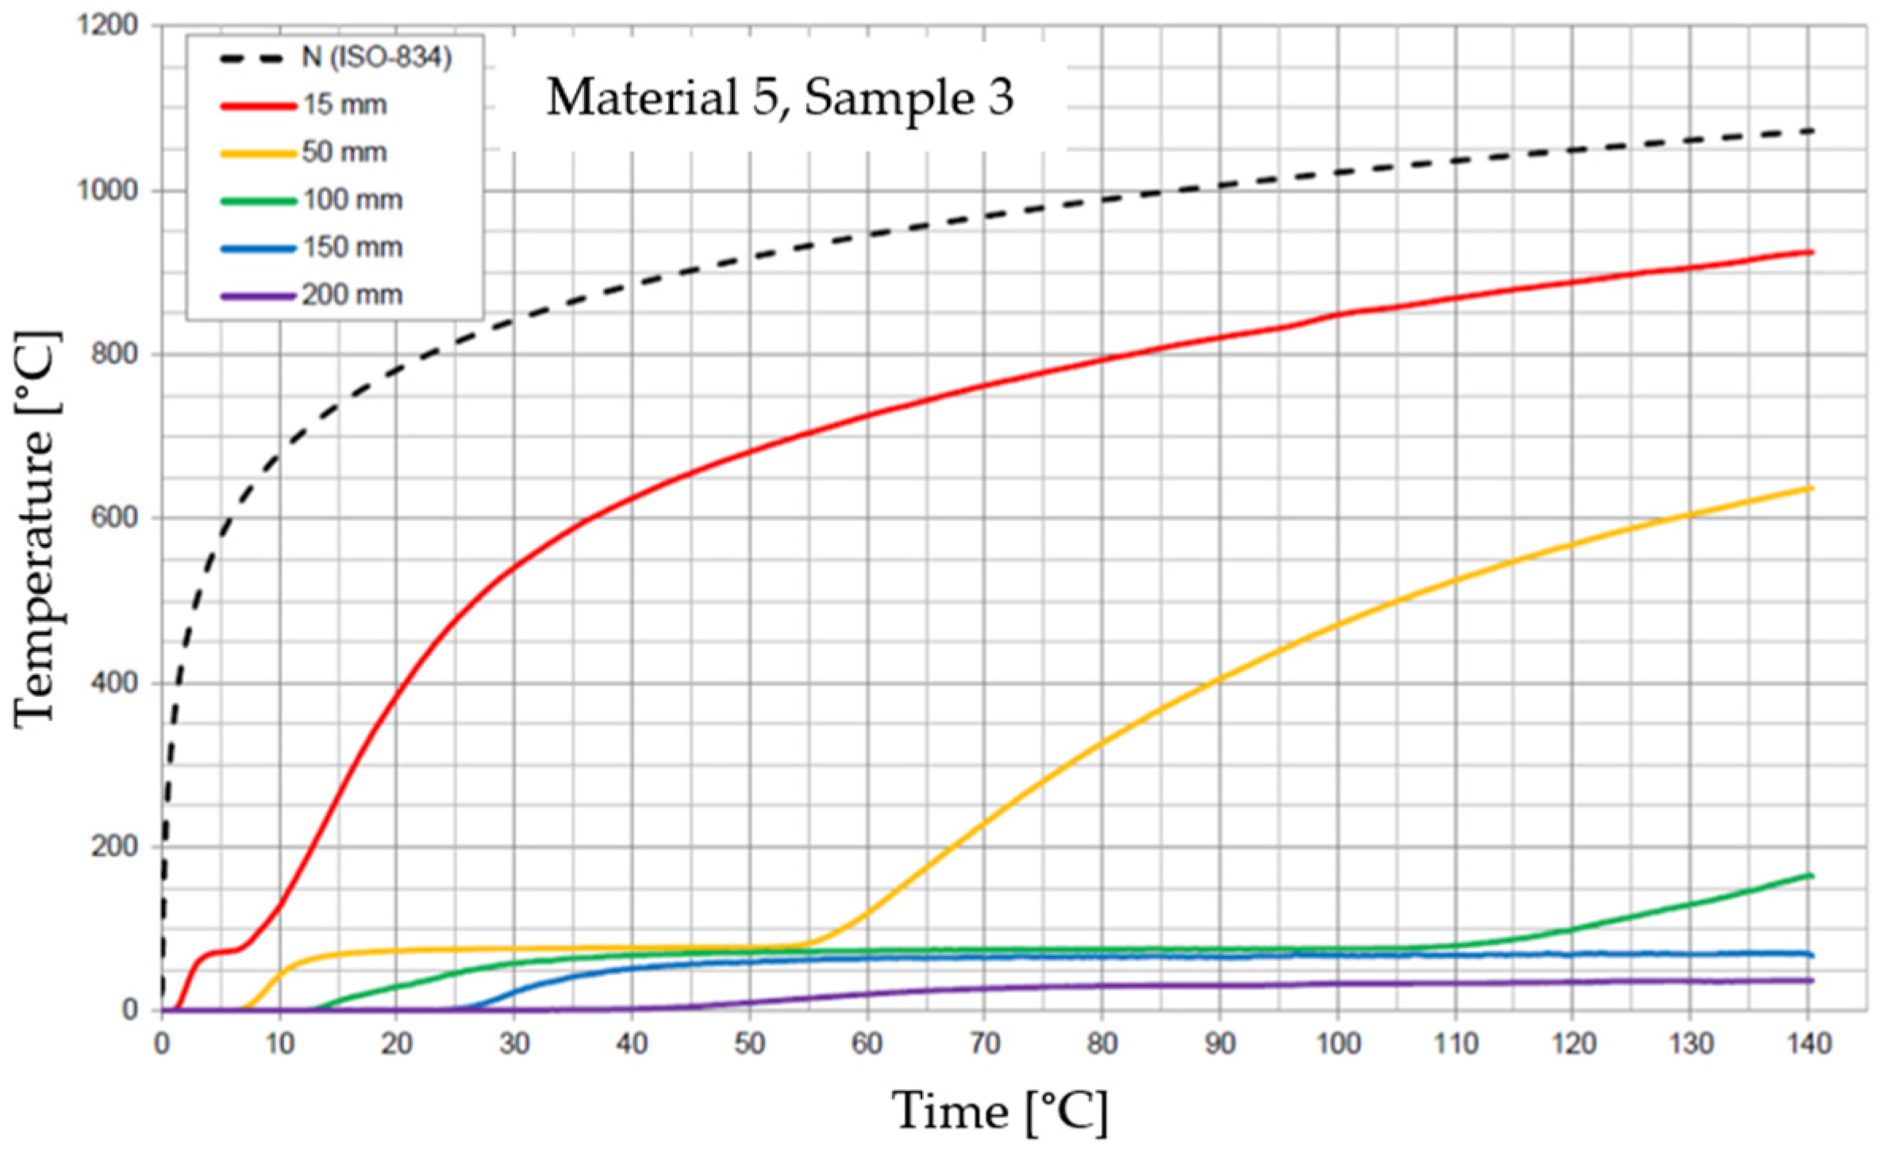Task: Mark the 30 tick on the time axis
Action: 514,1043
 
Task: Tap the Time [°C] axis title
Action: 1000,1111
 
